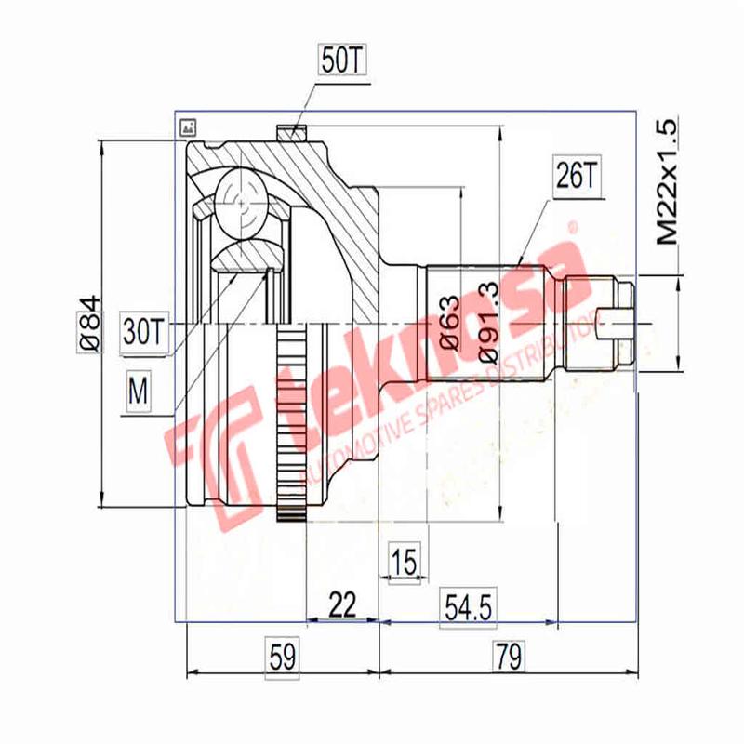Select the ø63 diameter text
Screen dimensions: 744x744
pyautogui.click(x=447, y=321)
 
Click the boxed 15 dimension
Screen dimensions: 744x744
pyautogui.click(x=404, y=562)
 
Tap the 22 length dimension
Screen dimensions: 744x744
pyautogui.click(x=343, y=605)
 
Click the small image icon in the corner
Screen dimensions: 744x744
pyautogui.click(x=188, y=125)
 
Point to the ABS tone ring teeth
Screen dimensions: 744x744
pyautogui.click(x=291, y=428)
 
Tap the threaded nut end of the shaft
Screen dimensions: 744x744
pyautogui.click(x=619, y=322)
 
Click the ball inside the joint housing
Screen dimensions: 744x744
pyautogui.click(x=240, y=200)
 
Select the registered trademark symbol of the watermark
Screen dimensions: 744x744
pyautogui.click(x=571, y=225)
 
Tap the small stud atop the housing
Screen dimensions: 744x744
pyautogui.click(x=292, y=133)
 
